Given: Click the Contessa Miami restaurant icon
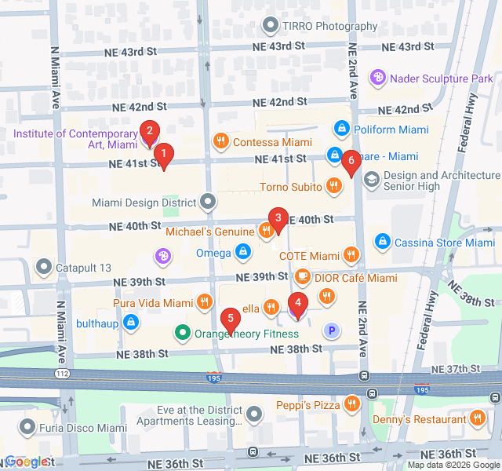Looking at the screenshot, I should [x=221, y=141].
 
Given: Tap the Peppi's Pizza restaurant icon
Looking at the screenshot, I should [x=352, y=404].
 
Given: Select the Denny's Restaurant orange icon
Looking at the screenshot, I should [x=475, y=420].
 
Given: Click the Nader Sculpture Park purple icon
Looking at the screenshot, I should [x=378, y=78].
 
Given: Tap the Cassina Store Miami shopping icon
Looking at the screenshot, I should [x=382, y=242].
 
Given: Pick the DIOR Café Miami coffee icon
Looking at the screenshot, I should [x=302, y=277].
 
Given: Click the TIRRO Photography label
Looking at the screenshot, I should [x=329, y=26].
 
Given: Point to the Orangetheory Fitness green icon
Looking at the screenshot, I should [x=183, y=333].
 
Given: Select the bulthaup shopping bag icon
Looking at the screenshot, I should [x=132, y=322].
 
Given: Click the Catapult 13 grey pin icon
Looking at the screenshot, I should [x=43, y=267].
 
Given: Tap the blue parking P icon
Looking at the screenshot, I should [x=332, y=331].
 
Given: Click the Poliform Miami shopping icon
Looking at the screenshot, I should [x=341, y=128].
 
